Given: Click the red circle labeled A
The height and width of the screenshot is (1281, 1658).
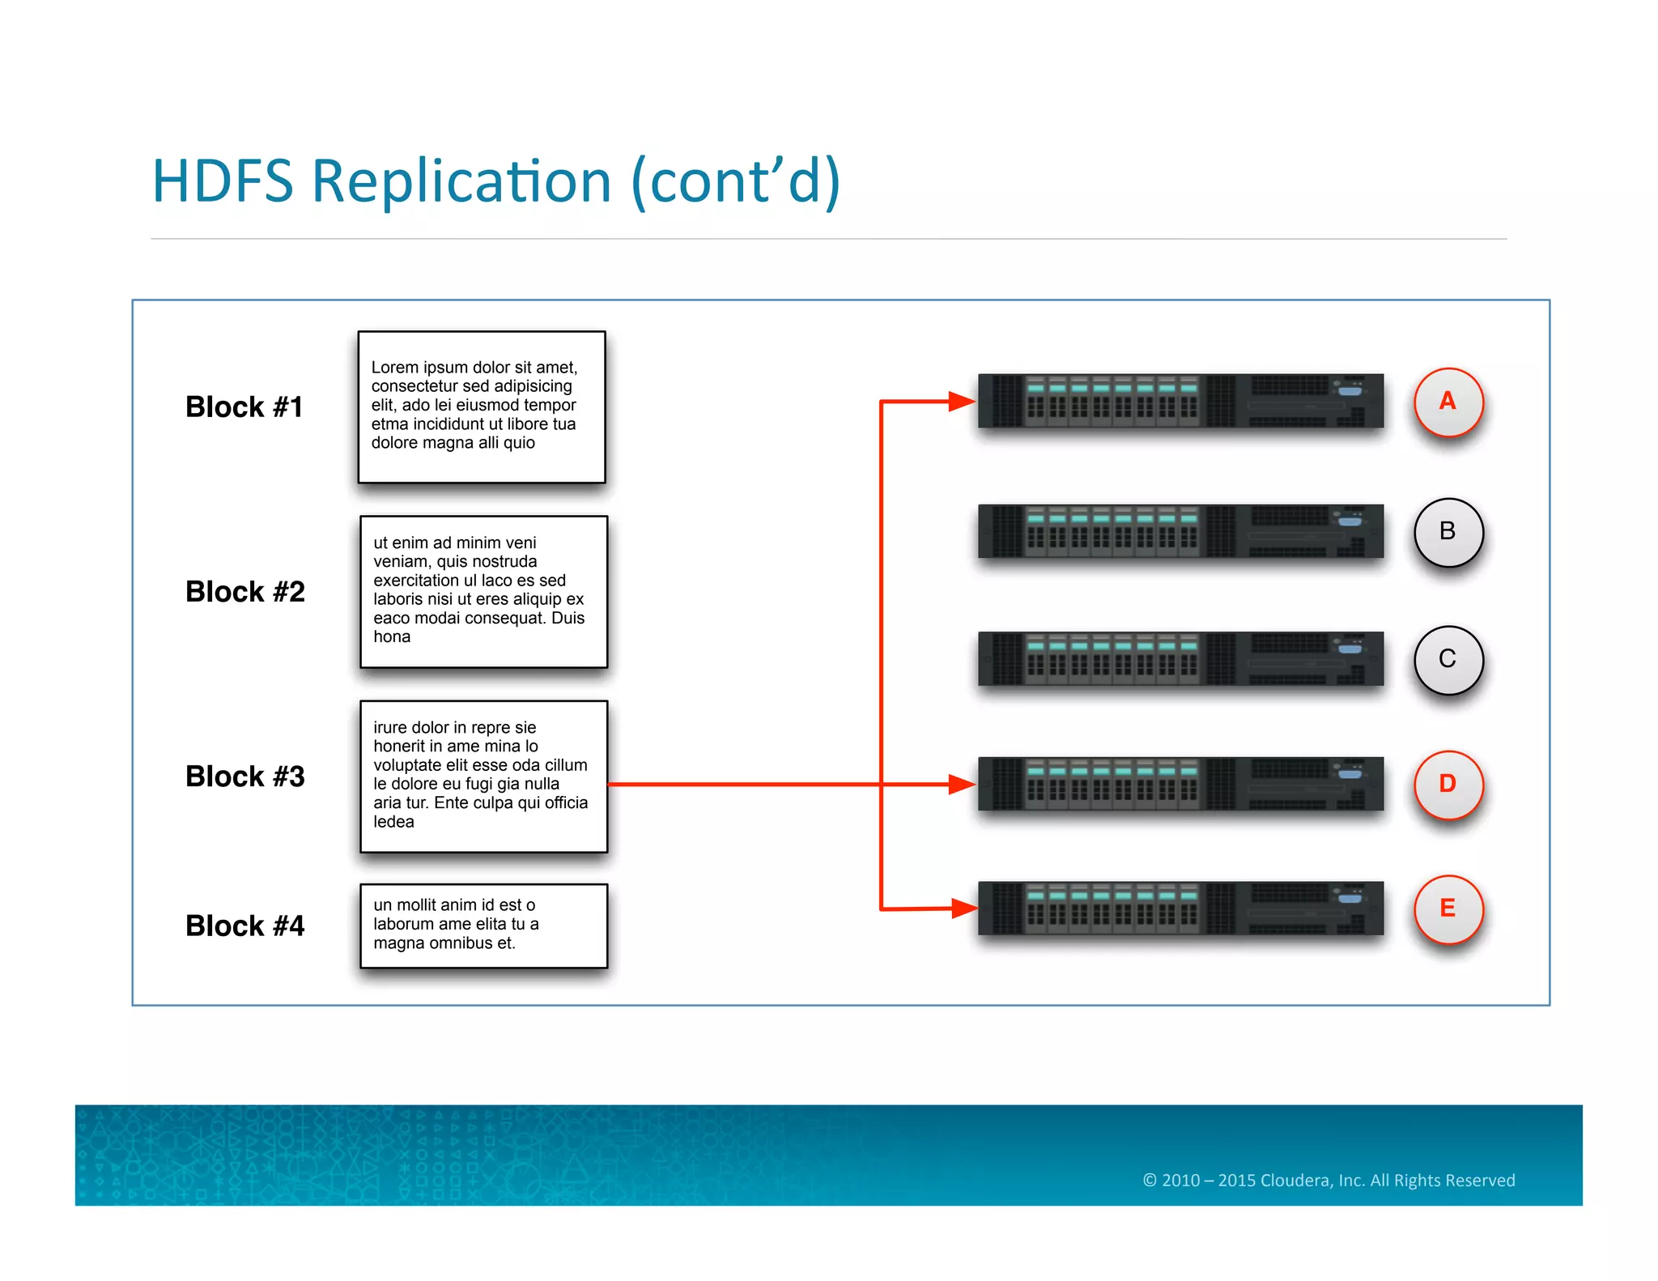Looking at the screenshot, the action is point(1448,402).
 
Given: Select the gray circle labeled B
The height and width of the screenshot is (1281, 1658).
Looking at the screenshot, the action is point(1448,532).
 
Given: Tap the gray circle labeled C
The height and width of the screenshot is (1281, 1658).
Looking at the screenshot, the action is point(1448,659).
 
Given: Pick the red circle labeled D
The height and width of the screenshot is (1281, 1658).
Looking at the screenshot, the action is point(1448,784).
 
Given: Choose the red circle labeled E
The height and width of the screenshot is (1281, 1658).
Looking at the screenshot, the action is point(1448,909).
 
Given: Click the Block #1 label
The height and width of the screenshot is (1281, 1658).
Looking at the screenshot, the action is point(244,406).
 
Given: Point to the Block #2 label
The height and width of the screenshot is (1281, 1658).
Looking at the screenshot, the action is point(244,591).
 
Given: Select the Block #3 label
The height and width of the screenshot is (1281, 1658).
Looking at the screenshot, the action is point(244,776).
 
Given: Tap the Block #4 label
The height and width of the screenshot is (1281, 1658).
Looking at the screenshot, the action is point(244,926).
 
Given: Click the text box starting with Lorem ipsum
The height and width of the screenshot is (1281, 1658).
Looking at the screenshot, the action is point(482,406).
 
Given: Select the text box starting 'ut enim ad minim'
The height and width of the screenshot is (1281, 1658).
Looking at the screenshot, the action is point(483,591).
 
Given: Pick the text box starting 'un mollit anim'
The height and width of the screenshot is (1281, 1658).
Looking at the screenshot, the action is point(483,926).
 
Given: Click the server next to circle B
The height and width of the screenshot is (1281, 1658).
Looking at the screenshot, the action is point(1180,531).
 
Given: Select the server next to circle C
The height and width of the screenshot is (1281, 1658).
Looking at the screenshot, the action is point(1180,658).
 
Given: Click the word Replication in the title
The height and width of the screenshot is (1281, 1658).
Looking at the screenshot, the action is point(461,181).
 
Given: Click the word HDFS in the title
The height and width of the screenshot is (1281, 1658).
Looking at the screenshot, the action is point(223,181).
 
